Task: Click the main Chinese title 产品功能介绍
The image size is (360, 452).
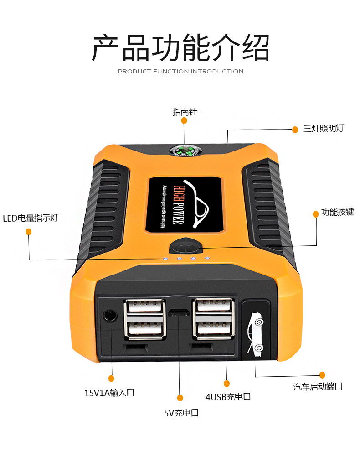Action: tap(180, 47)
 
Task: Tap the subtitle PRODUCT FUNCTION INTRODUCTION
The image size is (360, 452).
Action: tap(180, 71)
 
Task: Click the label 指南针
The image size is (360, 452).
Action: tap(184, 112)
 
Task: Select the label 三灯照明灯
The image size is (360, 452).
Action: tap(324, 128)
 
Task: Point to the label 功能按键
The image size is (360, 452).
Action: tap(337, 212)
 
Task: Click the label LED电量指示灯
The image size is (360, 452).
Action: tap(31, 218)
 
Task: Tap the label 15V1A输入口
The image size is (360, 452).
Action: tap(109, 392)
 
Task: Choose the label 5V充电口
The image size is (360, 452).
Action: tap(181, 413)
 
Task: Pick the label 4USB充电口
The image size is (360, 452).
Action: tap(228, 396)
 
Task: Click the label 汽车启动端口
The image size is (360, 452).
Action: tap(318, 387)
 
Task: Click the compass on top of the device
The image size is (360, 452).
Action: tap(185, 150)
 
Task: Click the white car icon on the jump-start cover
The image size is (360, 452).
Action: tap(254, 333)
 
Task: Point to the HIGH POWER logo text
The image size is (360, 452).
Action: tap(178, 201)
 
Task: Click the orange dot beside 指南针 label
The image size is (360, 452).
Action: tap(184, 120)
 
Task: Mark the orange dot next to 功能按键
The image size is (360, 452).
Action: tap(315, 213)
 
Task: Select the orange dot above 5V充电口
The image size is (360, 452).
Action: tap(180, 398)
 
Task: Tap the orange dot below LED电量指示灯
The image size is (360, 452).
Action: tap(28, 232)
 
